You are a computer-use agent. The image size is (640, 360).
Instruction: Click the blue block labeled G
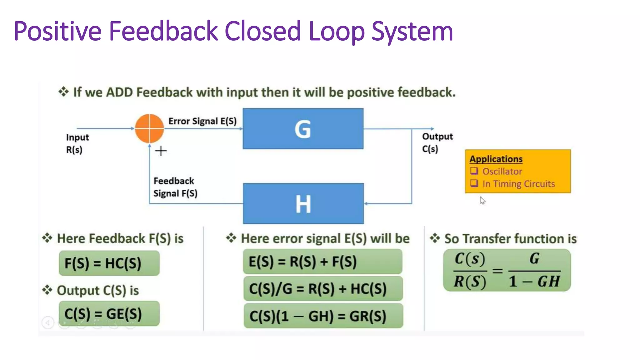tap(303, 128)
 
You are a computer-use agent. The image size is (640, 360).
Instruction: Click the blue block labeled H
tap(303, 203)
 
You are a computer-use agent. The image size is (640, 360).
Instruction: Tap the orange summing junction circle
tap(149, 128)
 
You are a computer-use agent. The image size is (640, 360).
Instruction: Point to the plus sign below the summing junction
tap(161, 151)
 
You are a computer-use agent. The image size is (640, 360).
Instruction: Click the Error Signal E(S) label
tap(202, 121)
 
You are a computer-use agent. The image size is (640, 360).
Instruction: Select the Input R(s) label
tap(77, 143)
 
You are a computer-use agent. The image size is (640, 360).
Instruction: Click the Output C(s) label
tap(437, 142)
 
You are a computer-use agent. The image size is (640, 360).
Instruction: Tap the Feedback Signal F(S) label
tap(175, 187)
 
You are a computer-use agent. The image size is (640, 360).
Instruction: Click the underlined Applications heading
tap(496, 159)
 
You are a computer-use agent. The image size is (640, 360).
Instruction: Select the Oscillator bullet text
tap(502, 172)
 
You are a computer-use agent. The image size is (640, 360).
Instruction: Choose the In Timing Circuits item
tap(518, 184)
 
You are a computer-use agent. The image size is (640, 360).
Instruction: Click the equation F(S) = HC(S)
tap(103, 263)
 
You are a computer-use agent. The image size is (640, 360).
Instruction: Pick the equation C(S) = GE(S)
tap(103, 314)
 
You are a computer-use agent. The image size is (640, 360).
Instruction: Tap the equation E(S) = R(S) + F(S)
tap(302, 262)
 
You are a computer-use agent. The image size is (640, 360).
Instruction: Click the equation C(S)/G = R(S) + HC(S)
tap(317, 289)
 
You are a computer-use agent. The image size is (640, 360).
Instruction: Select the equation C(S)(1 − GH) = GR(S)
tap(317, 316)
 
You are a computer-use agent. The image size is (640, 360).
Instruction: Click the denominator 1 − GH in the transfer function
tap(534, 282)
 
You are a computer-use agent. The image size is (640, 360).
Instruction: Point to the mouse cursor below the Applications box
tap(482, 200)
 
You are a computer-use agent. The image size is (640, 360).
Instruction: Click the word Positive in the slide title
tap(57, 31)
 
